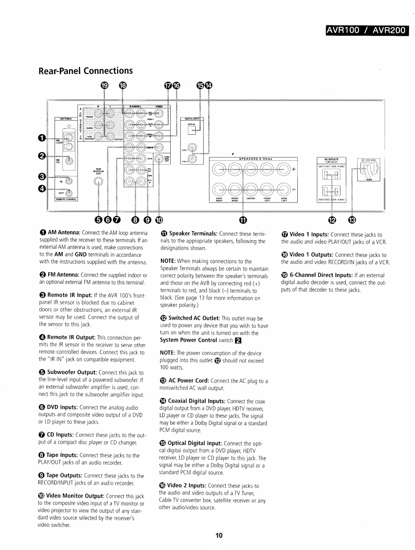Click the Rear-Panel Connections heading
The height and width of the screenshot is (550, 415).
coord(85,71)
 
